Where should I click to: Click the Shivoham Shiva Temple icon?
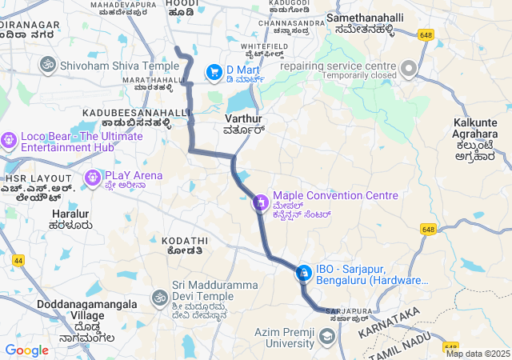[47, 64]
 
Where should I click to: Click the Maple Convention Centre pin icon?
[260, 202]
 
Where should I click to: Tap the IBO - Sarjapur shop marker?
[303, 274]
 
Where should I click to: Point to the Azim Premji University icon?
[326, 337]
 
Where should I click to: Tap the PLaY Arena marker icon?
[92, 176]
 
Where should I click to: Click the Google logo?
[26, 350]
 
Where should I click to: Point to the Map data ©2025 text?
[478, 354]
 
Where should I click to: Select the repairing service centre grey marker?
[410, 67]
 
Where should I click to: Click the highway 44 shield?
[18, 260]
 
